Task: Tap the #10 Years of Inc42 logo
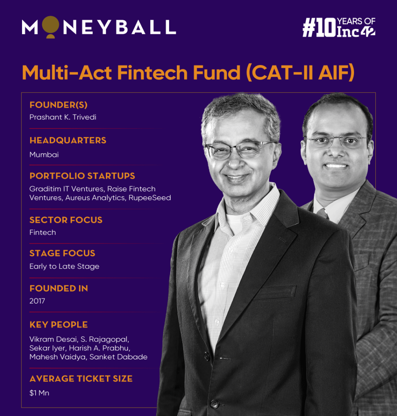pyautogui.click(x=338, y=27)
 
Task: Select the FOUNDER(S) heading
pyautogui.click(x=59, y=105)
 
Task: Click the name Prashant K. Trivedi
pyautogui.click(x=63, y=117)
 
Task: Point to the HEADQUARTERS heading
pyautogui.click(x=68, y=140)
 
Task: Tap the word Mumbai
pyautogui.click(x=44, y=154)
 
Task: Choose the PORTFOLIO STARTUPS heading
pyautogui.click(x=82, y=176)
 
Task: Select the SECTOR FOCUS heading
pyautogui.click(x=66, y=220)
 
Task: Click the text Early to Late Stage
pyautogui.click(x=64, y=266)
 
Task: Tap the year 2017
pyautogui.click(x=37, y=301)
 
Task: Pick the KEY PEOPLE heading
pyautogui.click(x=59, y=325)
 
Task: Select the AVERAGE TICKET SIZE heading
pyautogui.click(x=81, y=379)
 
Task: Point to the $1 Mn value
pyautogui.click(x=39, y=393)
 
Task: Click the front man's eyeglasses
pyautogui.click(x=237, y=150)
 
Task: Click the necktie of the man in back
pyautogui.click(x=322, y=214)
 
